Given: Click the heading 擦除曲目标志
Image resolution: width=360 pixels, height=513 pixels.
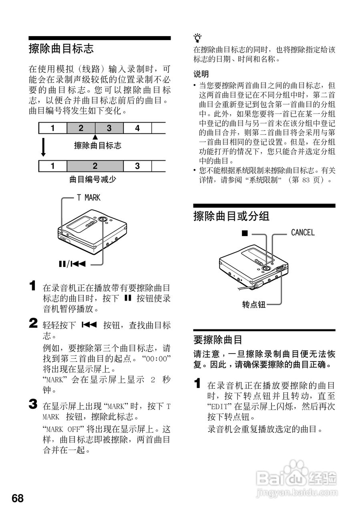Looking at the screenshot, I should coord(61,49).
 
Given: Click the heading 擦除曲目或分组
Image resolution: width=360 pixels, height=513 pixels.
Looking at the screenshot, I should coord(231,216).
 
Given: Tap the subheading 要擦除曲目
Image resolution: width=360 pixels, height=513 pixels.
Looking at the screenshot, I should coord(218,340).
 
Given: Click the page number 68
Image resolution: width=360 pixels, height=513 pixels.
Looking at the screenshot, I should coord(18,498).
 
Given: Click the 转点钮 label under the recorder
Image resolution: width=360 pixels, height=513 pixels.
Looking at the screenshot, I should coord(253,305).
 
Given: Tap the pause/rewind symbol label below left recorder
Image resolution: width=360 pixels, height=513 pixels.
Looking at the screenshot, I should coord(72,264).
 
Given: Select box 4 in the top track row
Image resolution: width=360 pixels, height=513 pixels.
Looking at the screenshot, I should coord(137,128).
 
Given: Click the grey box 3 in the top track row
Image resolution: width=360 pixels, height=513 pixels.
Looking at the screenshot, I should coord(109,128).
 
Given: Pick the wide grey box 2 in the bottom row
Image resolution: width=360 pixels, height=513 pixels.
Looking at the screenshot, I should coord(95,166).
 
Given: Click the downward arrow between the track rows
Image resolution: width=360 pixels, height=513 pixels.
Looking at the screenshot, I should coord(43,148).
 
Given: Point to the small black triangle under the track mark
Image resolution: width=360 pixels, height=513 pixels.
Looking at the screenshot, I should coord(95,137).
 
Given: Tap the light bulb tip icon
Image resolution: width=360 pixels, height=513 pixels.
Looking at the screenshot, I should coord(197,38).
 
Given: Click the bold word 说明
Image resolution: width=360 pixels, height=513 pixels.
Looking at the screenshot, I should coord(201,74).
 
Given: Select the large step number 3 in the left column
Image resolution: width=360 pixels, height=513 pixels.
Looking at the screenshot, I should coord(33,404).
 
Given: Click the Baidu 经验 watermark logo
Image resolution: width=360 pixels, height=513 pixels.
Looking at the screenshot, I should coord(296,477).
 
